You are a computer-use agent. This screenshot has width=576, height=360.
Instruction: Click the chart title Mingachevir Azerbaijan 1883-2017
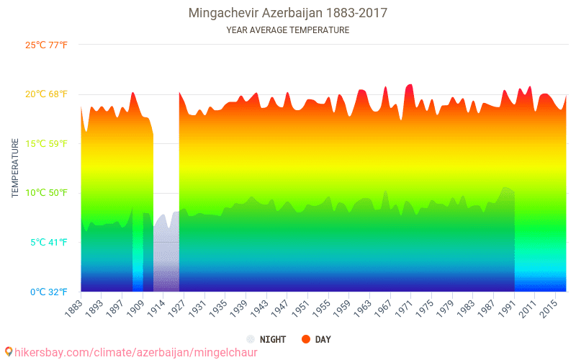coord(287,13)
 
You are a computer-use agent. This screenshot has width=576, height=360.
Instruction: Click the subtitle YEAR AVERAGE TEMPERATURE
coord(287,30)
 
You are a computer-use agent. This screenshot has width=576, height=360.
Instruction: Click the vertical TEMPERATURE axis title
coord(15,168)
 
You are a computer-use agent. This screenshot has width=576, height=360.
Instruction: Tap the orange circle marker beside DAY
coord(305,339)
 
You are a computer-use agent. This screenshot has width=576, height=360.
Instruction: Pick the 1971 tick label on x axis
coord(403,307)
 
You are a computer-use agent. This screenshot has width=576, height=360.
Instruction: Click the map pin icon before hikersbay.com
coord(8,352)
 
